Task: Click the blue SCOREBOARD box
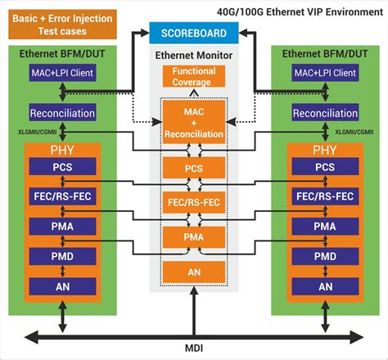(193, 33)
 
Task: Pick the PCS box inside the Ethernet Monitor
(193, 169)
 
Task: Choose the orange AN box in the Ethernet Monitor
(193, 271)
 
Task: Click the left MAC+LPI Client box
(62, 74)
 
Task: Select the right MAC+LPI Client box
(325, 74)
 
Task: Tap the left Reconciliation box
(62, 112)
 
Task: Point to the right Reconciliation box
(325, 112)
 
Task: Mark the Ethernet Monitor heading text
(193, 55)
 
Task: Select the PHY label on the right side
(325, 151)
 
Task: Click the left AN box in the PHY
(62, 286)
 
